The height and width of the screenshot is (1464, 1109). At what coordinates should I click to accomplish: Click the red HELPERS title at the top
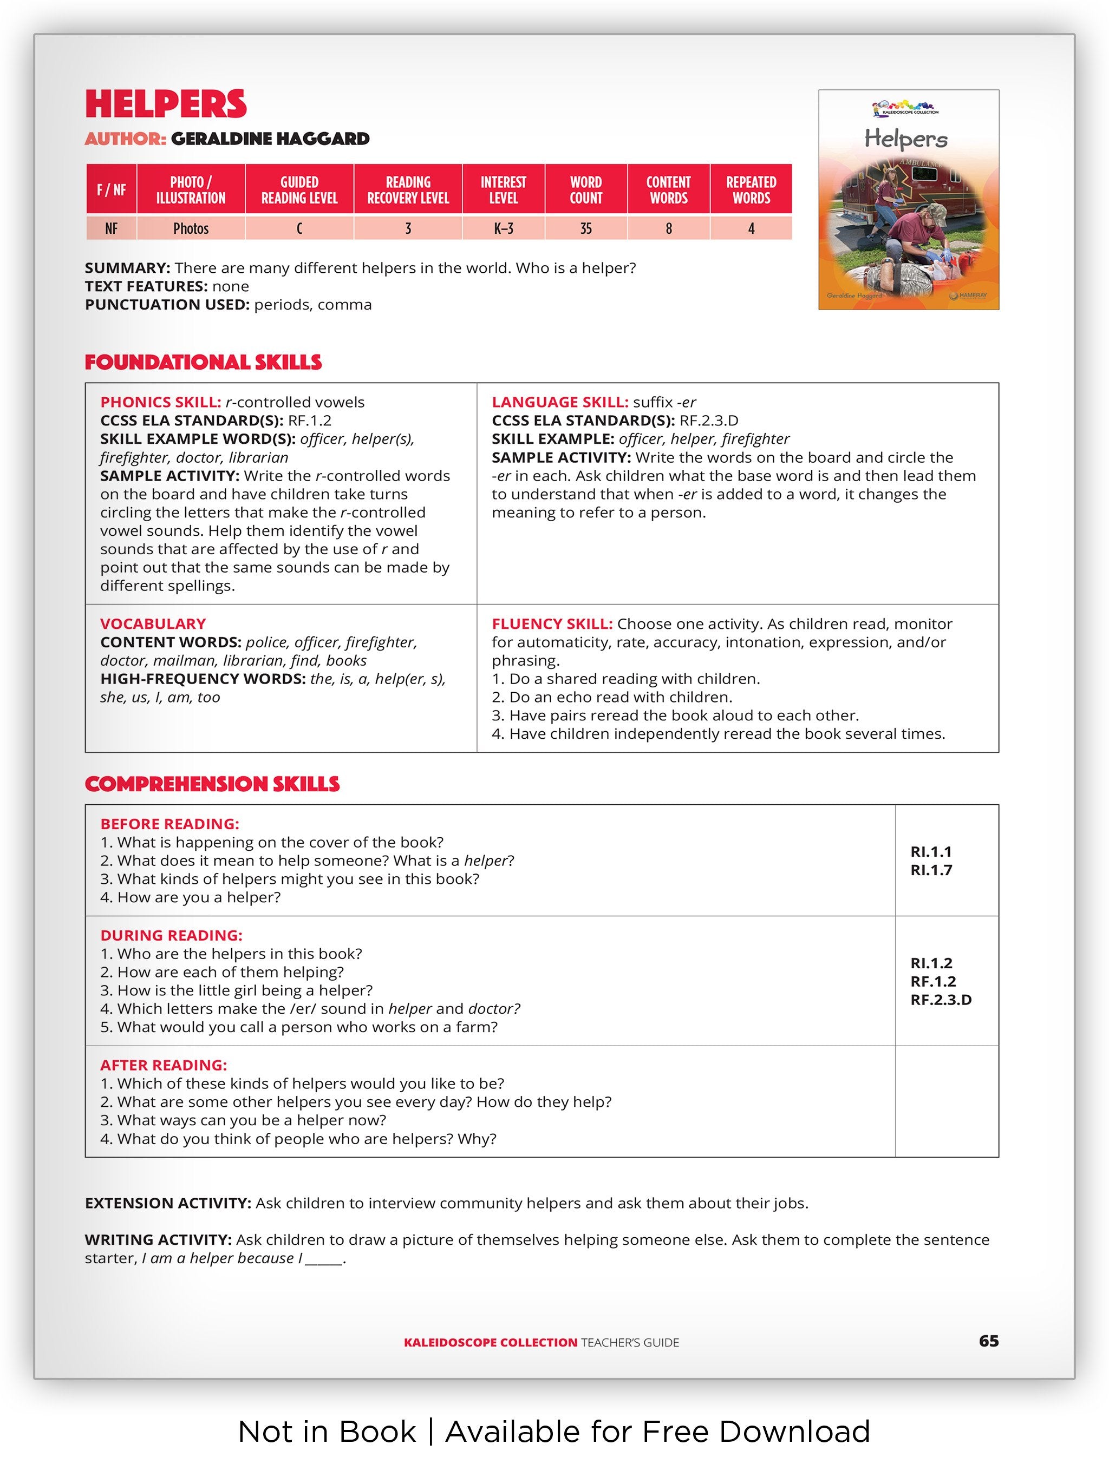[166, 104]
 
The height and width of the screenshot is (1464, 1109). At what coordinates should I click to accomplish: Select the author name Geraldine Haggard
[270, 139]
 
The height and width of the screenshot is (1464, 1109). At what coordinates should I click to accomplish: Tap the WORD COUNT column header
[585, 190]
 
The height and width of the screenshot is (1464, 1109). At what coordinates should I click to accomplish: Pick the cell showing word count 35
[585, 228]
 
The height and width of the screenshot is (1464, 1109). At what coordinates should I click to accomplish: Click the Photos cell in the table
[191, 228]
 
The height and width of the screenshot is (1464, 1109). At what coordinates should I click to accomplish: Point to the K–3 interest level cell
[503, 228]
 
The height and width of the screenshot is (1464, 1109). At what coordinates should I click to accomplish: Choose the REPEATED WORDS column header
[751, 190]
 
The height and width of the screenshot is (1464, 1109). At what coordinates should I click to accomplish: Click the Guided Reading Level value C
[299, 228]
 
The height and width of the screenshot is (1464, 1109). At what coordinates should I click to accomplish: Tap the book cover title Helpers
[906, 139]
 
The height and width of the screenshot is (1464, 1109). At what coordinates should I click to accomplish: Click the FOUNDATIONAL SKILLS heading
[203, 362]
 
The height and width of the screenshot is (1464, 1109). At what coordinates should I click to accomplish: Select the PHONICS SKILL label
[160, 403]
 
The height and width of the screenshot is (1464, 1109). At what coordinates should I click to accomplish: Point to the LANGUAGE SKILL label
[559, 403]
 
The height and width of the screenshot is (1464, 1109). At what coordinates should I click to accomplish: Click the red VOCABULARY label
[153, 623]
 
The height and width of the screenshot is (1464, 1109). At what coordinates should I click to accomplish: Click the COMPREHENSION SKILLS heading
[212, 784]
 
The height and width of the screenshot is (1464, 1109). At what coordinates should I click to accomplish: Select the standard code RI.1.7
[931, 870]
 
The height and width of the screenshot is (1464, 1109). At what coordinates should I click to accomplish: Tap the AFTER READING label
[164, 1065]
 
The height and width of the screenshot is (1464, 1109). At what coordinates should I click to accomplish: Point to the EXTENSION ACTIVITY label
[167, 1203]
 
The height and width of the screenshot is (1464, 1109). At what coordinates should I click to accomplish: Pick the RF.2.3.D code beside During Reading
[941, 1000]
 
